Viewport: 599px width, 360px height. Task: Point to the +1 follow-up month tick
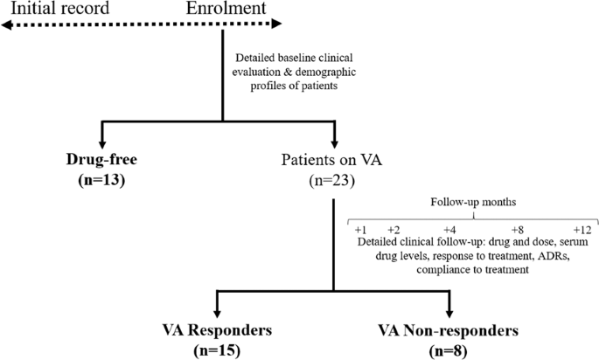pos(359,229)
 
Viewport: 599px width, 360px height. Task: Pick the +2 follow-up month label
pos(394,229)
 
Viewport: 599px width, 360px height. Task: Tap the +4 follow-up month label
pos(449,229)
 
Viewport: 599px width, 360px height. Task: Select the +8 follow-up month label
pos(518,229)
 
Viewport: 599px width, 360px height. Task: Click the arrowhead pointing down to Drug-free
pos(103,140)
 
